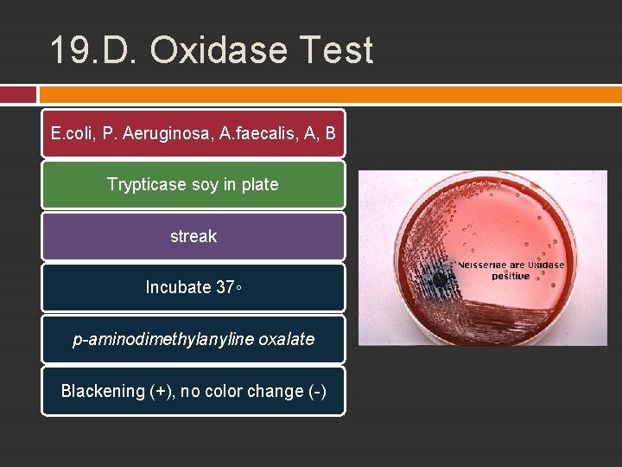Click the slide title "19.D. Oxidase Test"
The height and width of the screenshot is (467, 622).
pos(212,50)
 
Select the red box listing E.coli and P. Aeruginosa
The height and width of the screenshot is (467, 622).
pos(193,133)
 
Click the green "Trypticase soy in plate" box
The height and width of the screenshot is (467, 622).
pos(193,184)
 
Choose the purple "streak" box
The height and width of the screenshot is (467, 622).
pos(193,236)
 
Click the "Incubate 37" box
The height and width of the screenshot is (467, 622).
pos(193,287)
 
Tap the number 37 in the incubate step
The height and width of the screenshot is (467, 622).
pos(224,287)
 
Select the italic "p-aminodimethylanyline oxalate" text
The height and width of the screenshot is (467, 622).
pos(193,339)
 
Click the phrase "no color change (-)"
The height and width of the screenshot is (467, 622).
pos(254,391)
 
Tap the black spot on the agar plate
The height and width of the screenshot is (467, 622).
pos(441,279)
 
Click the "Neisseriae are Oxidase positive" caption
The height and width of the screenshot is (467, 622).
pos(511,270)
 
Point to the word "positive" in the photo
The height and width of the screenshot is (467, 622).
pos(511,277)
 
